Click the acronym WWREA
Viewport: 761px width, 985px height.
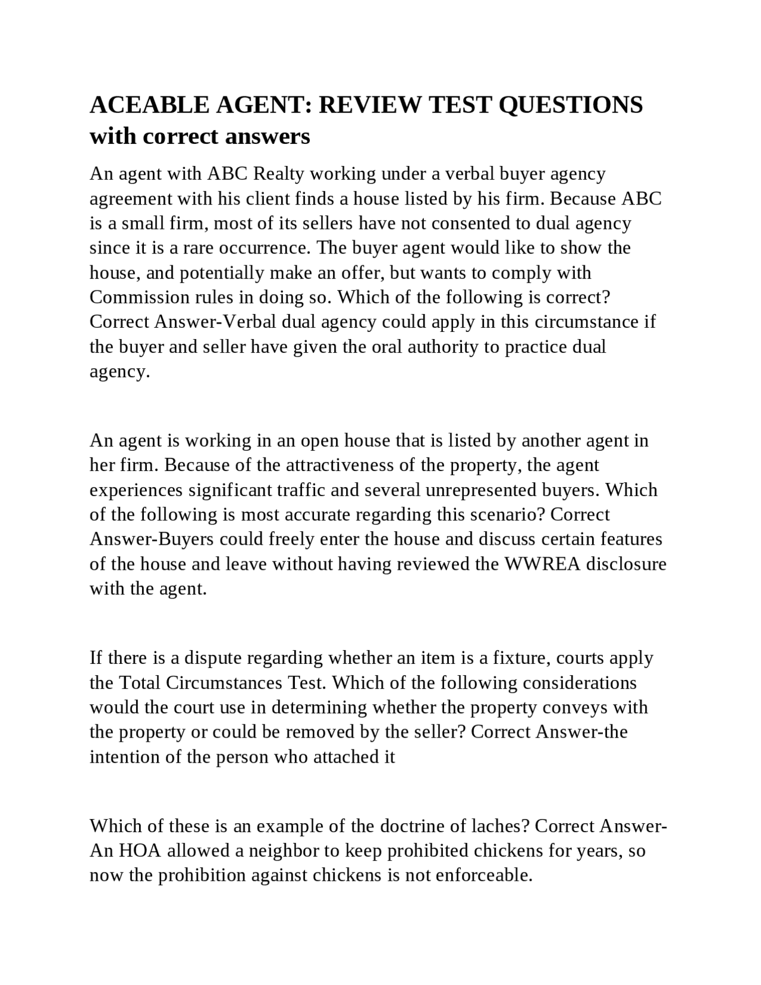[x=542, y=564]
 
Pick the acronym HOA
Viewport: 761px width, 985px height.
[x=140, y=851]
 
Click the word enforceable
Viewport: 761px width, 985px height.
[x=483, y=876]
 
